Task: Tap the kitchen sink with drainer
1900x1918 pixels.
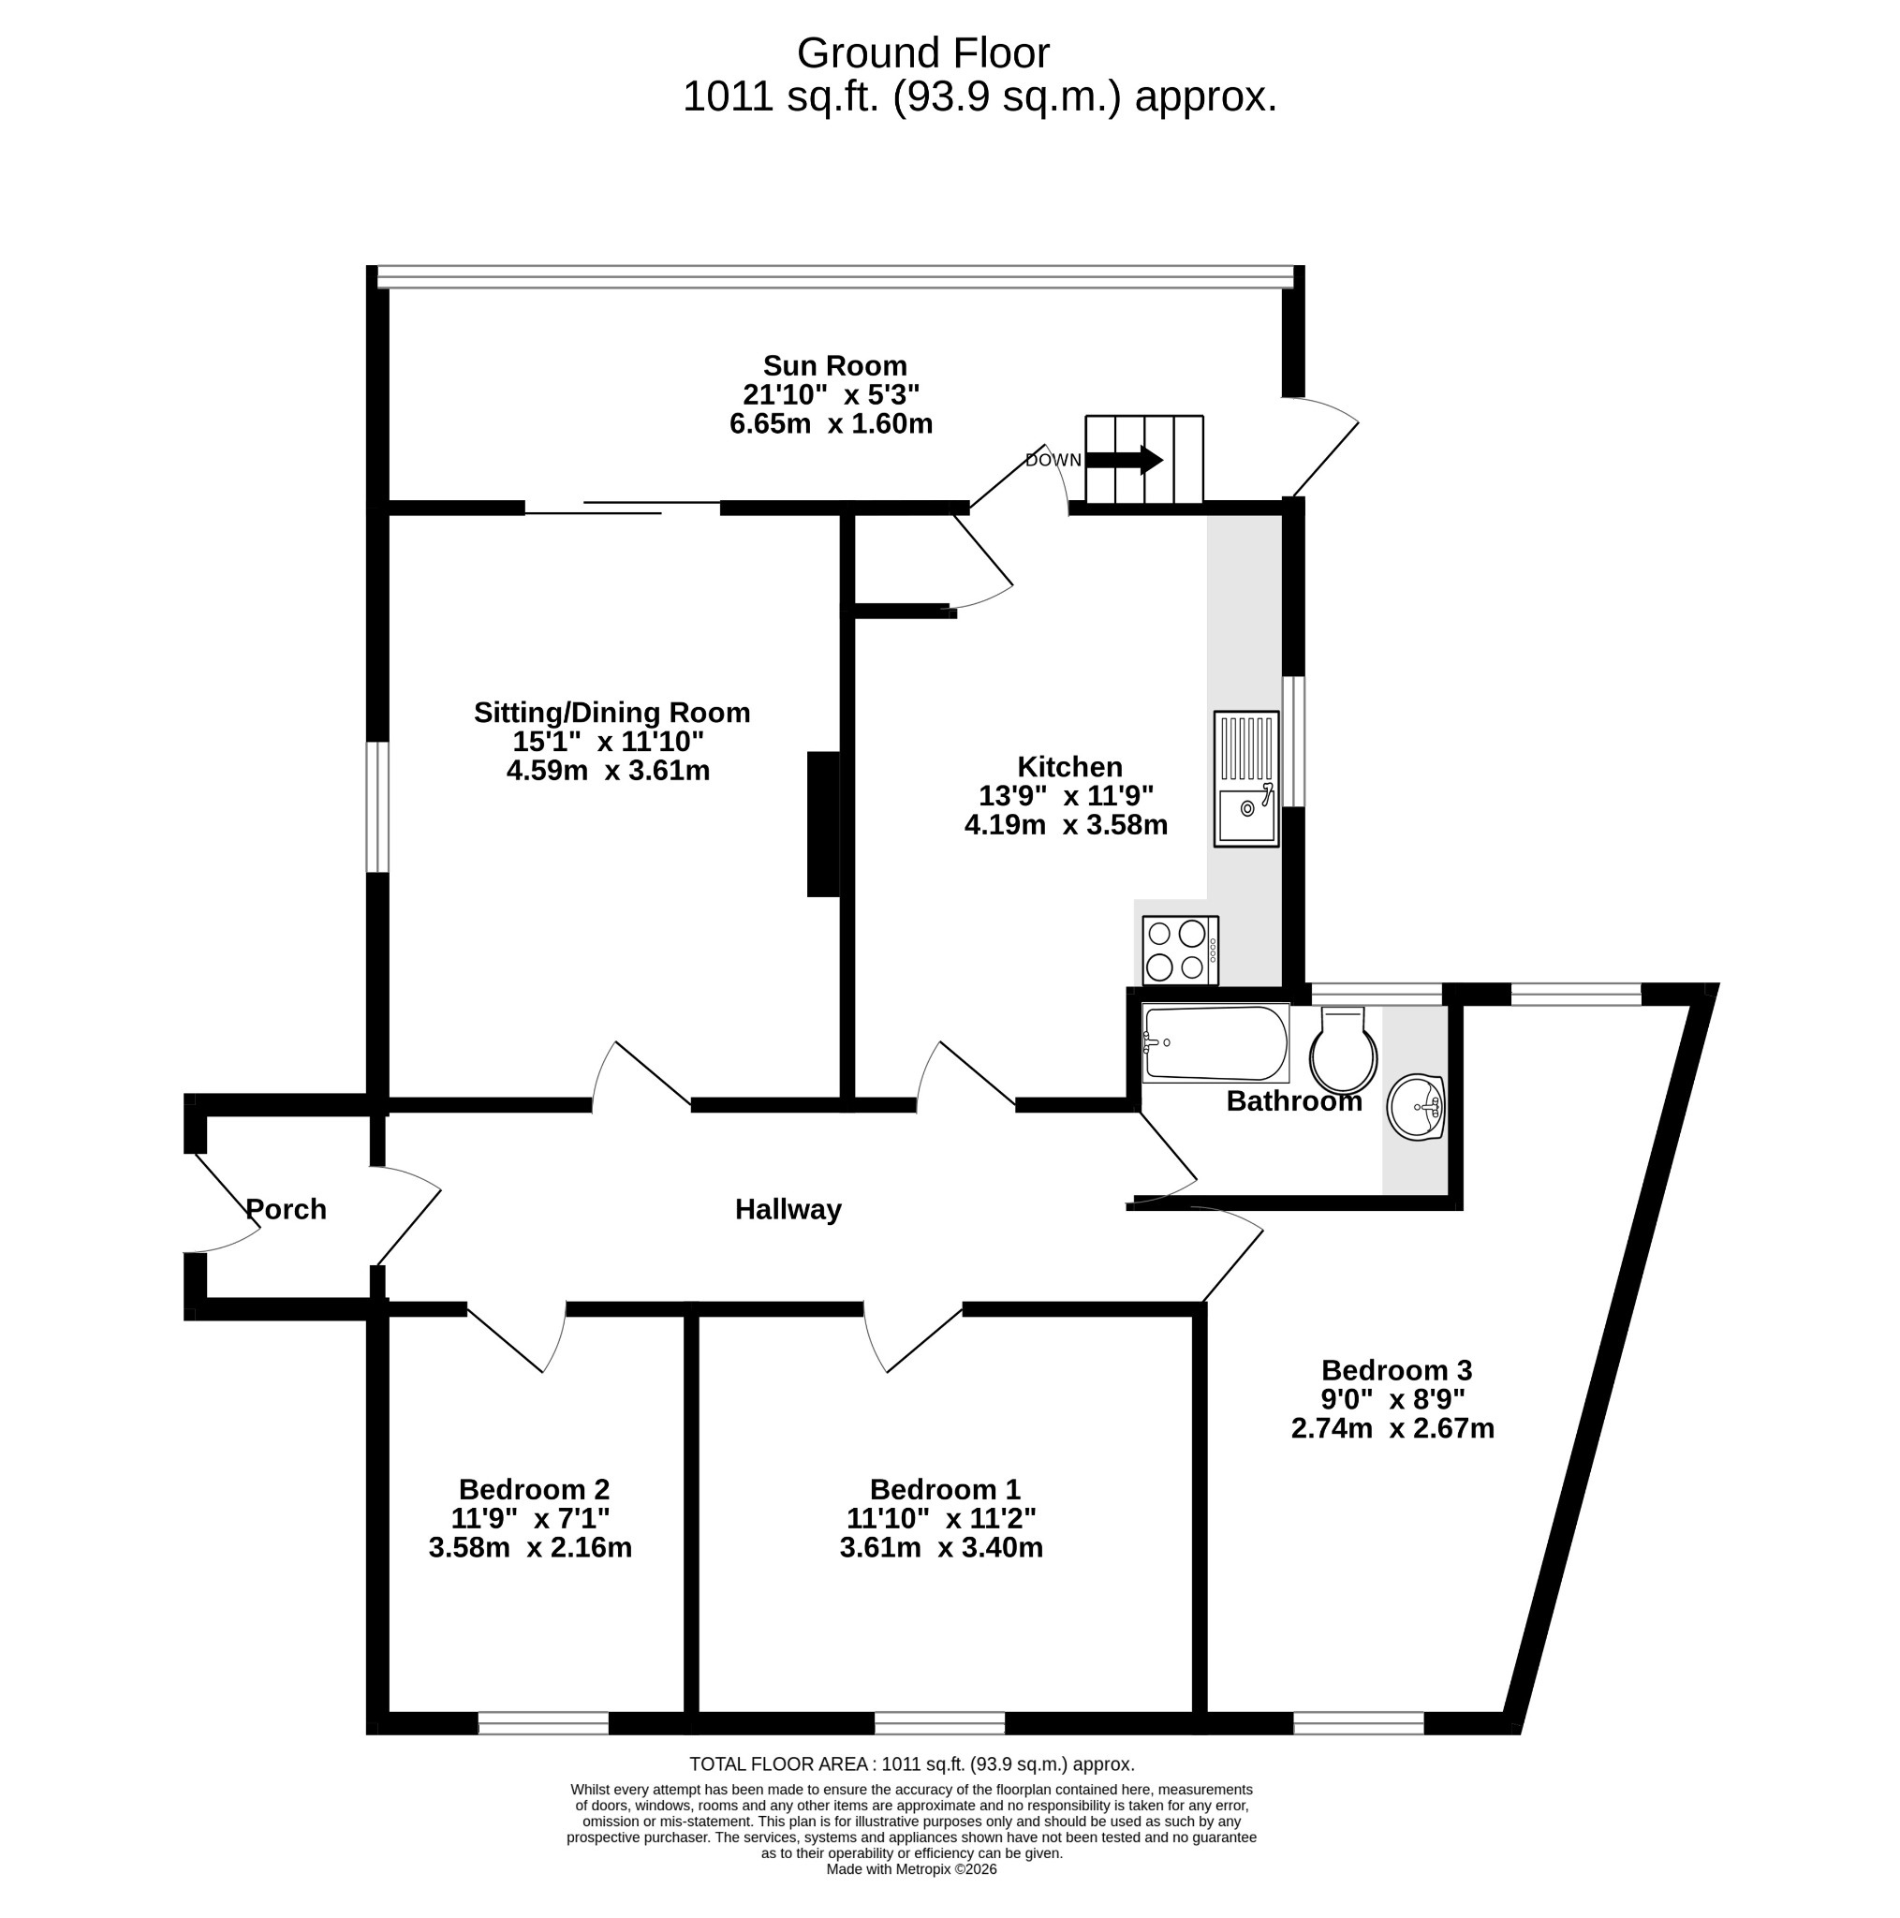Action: tap(1245, 778)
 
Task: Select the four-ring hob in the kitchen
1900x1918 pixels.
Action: tap(1179, 950)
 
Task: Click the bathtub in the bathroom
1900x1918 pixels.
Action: tap(1215, 1043)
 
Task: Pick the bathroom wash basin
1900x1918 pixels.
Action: tap(1416, 1107)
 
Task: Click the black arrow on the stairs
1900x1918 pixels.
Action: tap(1125, 460)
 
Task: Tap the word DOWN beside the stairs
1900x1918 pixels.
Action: tap(1053, 461)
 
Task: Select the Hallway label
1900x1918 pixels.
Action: tap(788, 1208)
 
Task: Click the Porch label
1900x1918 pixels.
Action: tap(286, 1208)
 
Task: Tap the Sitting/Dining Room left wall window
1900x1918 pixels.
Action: tap(377, 807)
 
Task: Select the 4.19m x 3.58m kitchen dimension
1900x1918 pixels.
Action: tap(1067, 824)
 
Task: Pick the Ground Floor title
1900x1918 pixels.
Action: tap(923, 52)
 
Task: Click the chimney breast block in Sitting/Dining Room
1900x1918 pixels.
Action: tap(824, 824)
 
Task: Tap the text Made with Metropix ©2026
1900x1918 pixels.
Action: tap(911, 1869)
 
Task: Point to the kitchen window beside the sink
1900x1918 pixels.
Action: tap(1293, 742)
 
